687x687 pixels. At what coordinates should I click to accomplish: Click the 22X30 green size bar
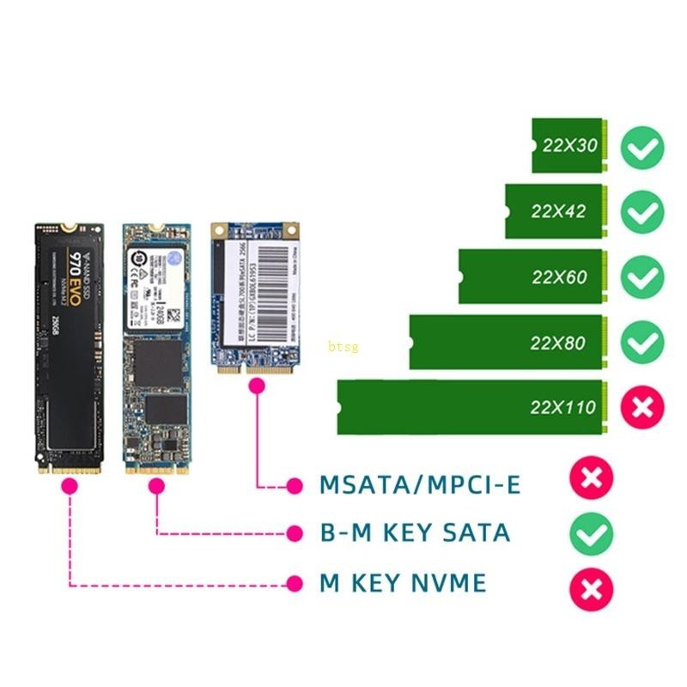[x=570, y=145]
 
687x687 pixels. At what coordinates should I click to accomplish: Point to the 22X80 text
[x=557, y=343]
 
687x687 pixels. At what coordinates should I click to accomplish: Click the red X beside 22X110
[x=642, y=407]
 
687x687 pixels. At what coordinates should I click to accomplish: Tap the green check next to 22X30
[x=642, y=147]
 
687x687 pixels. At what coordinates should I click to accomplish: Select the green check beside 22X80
[x=642, y=343]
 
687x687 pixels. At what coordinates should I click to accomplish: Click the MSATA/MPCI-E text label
[x=420, y=485]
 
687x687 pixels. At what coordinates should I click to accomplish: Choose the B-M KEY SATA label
[x=415, y=533]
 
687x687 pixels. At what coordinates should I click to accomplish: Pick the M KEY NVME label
[x=403, y=584]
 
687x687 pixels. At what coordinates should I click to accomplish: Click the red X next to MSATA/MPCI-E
[x=592, y=478]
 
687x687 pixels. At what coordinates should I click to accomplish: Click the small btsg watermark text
[x=343, y=347]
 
